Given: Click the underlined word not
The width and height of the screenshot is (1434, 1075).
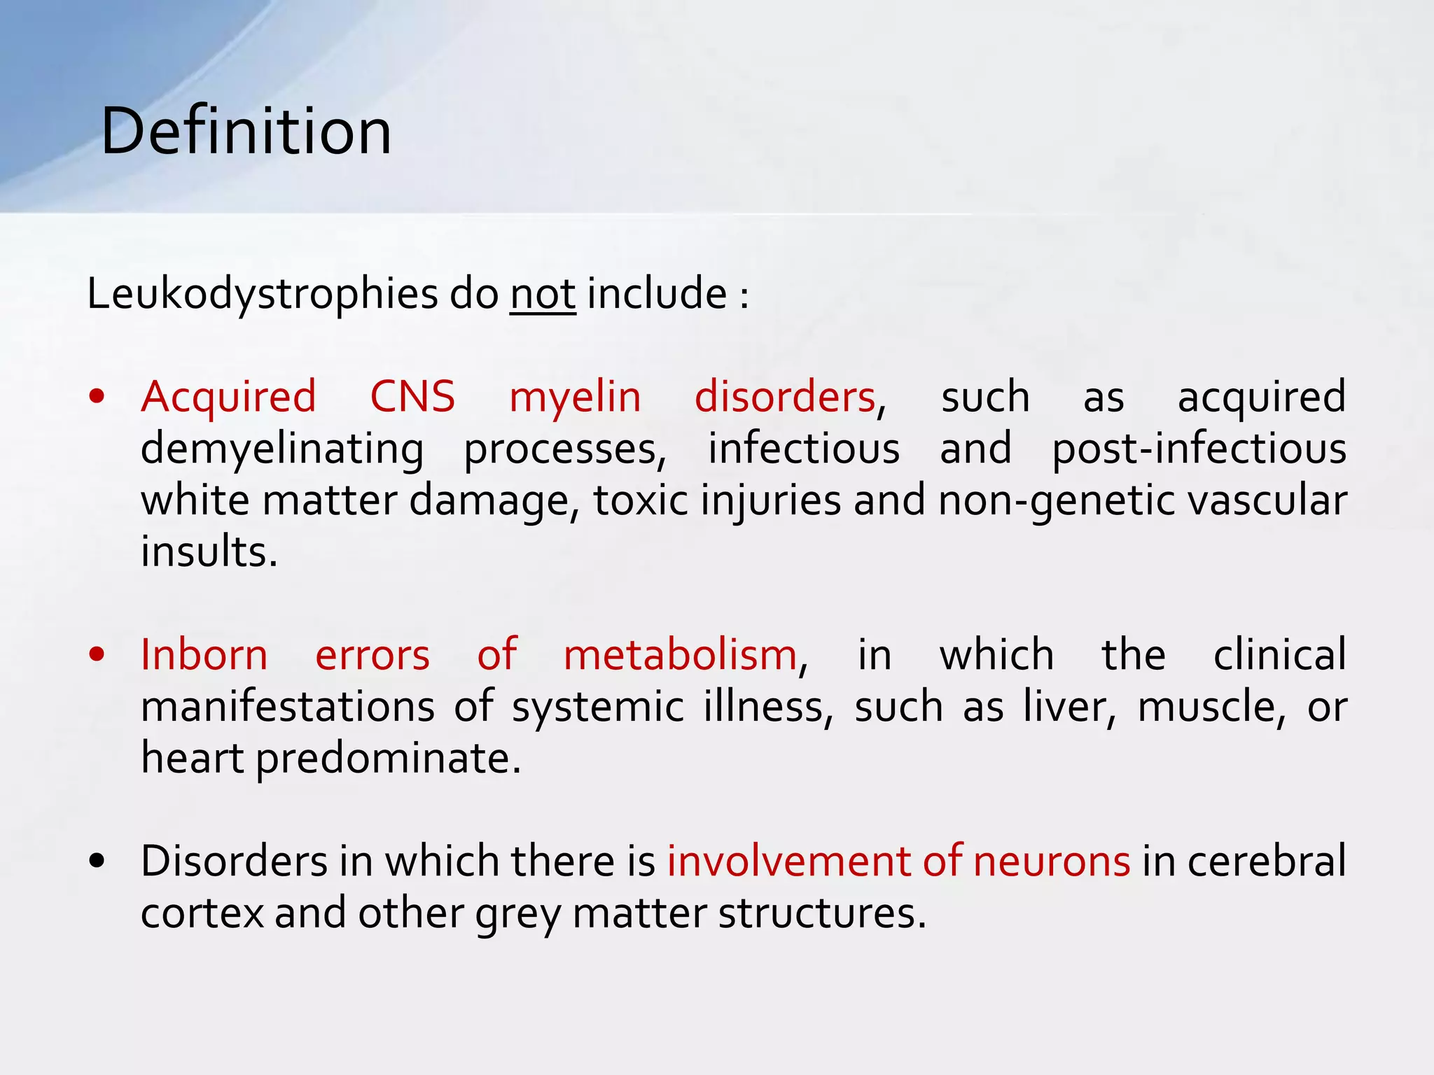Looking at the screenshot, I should (543, 294).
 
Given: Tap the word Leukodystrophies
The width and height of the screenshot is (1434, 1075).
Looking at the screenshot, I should (262, 294).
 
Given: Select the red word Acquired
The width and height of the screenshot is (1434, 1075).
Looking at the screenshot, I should (228, 397).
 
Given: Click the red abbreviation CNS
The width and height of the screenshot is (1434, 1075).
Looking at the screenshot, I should (412, 397).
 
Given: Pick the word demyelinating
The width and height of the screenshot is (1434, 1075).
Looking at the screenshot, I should (282, 449).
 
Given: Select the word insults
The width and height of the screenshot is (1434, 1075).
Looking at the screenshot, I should (209, 551).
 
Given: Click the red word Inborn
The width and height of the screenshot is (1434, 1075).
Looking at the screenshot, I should (204, 656).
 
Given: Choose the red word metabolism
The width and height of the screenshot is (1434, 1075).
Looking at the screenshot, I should (680, 656).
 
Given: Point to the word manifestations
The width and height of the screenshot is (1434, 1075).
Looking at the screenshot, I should (288, 707).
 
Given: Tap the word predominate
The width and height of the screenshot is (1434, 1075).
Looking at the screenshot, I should (388, 759).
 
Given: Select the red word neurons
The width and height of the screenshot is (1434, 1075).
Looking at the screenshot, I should (1051, 862).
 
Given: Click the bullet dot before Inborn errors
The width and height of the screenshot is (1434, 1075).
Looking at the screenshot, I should (97, 655).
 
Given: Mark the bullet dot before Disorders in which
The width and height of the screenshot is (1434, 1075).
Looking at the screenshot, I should (97, 862).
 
